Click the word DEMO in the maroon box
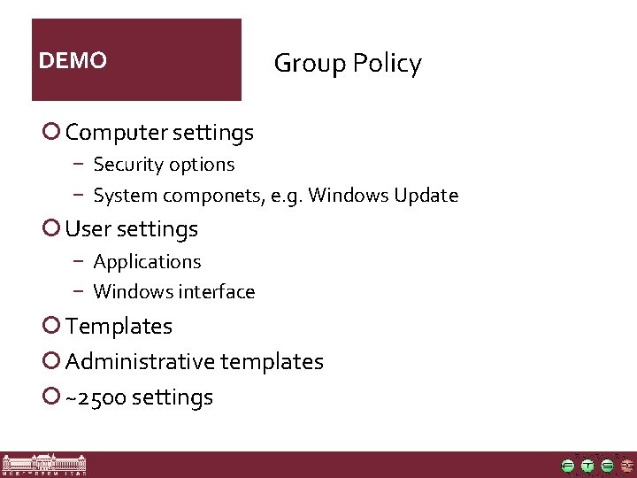[73, 61]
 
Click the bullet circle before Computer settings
[51, 132]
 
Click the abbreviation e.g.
[288, 196]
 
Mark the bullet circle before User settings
[51, 228]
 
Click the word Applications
[147, 262]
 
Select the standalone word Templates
[119, 327]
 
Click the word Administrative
[140, 362]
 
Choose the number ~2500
[96, 398]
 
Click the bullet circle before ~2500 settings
[51, 397]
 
